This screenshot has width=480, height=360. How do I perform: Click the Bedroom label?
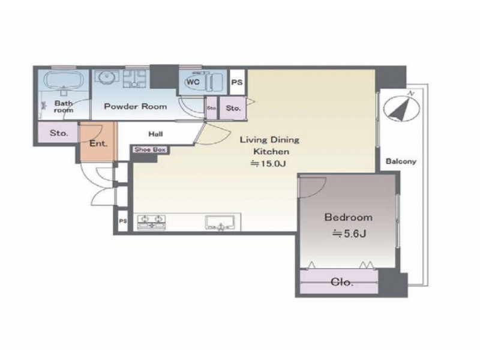click(349, 217)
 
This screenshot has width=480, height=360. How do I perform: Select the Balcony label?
click(401, 161)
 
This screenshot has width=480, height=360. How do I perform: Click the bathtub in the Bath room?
click(64, 80)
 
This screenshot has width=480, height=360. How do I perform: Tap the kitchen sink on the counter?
click(220, 223)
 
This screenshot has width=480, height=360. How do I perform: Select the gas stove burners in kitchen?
click(151, 222)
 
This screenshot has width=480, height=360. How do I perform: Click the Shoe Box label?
click(150, 149)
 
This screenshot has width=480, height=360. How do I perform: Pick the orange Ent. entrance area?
click(98, 142)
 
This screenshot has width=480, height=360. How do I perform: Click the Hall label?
click(156, 134)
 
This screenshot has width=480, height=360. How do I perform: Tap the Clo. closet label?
click(342, 282)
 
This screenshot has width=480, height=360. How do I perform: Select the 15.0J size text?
click(268, 164)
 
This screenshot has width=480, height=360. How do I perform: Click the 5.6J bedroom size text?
click(349, 234)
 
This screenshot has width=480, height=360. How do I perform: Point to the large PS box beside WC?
click(236, 82)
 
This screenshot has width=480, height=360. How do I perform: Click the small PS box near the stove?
click(123, 221)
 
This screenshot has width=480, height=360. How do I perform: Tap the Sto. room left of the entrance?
click(58, 133)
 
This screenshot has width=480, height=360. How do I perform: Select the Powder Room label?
click(136, 107)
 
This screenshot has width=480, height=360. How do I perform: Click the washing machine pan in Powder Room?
click(134, 79)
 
